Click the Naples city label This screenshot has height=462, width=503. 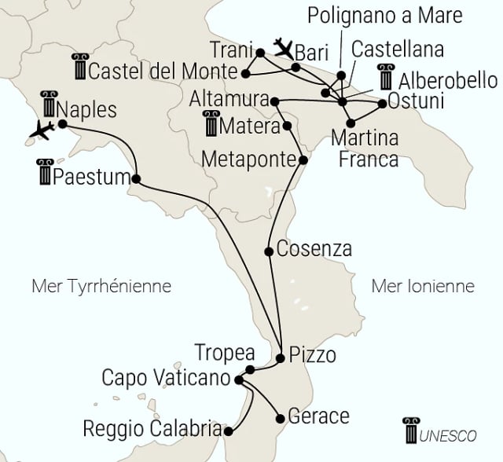(87, 108)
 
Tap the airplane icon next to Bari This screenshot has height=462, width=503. (283, 47)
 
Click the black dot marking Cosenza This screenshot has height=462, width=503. (270, 251)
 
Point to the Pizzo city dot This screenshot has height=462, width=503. (281, 358)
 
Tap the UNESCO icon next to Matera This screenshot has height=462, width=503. (211, 125)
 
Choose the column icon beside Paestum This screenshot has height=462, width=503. (44, 172)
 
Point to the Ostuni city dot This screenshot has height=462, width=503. (382, 104)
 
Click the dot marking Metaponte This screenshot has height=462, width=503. (303, 160)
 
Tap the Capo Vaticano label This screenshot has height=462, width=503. (166, 378)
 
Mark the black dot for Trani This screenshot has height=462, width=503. (260, 53)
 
